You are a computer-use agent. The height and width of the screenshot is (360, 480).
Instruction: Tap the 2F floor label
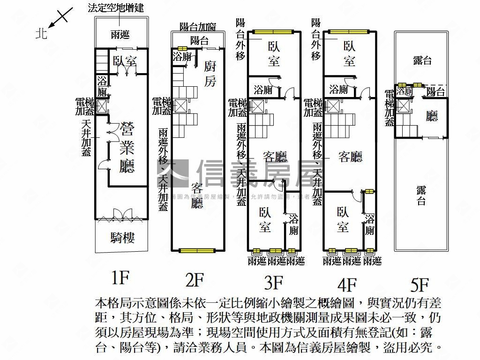click(x=195, y=280)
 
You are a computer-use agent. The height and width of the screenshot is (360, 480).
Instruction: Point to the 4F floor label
click(x=347, y=284)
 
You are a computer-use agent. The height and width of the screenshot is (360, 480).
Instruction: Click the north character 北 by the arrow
click(x=42, y=34)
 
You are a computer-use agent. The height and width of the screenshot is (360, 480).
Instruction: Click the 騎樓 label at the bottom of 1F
click(x=123, y=238)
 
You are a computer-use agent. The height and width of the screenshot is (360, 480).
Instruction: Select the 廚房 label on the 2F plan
click(x=210, y=74)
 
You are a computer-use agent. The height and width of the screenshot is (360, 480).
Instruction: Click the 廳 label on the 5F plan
click(x=432, y=116)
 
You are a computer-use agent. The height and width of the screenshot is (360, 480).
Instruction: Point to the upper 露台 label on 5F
click(x=422, y=60)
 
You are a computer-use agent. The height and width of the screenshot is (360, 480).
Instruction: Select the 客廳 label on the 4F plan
click(x=350, y=157)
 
